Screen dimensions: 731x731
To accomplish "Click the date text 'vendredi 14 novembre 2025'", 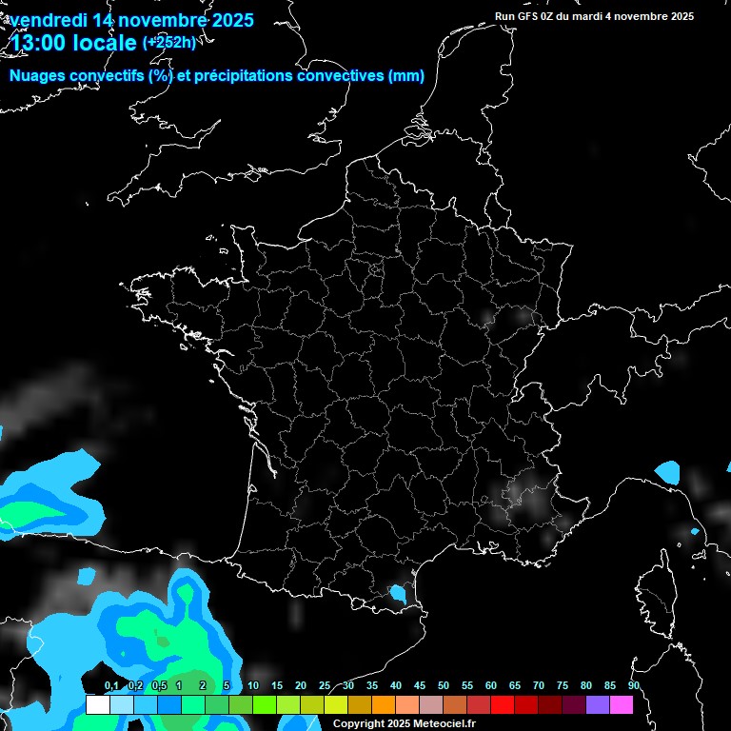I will coord(131,20).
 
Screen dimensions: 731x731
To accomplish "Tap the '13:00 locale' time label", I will coord(74,43).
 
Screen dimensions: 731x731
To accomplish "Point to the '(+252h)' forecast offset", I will coord(169,42).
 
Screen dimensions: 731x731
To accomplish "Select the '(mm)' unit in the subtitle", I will coord(406,76).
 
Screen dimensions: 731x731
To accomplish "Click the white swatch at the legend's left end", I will coord(97,704).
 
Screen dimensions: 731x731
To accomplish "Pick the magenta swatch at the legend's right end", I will coord(622,704).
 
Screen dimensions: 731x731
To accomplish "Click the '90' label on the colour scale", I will coord(634,685).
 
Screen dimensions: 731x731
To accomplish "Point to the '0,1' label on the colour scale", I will coord(111,685).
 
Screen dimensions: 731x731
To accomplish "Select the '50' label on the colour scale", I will coord(444,685).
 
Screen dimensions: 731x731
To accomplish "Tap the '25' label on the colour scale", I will coord(325,685).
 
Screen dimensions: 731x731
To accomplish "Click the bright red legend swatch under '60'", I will coord(503,704).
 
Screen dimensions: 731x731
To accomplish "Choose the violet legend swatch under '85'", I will coord(598,704).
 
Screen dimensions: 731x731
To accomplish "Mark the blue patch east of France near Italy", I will coord(668,471).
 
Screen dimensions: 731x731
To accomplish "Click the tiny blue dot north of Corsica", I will coord(695,531).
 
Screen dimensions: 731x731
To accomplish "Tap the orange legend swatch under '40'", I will coord(384,704).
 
